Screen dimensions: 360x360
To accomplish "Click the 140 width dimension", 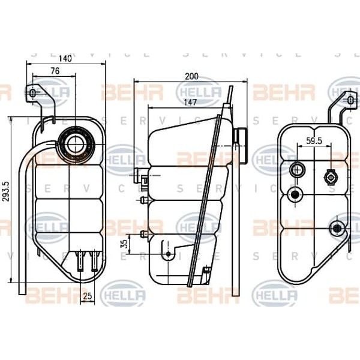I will pyautogui.click(x=65, y=58).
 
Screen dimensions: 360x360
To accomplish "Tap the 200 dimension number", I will pyautogui.click(x=191, y=76).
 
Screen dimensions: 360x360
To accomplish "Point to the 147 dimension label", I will pyautogui.click(x=173, y=103).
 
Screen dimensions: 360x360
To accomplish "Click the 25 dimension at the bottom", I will pyautogui.click(x=88, y=295).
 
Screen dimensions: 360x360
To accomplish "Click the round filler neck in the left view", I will pyautogui.click(x=77, y=143).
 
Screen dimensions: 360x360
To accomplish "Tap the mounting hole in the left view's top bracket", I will pyautogui.click(x=35, y=93).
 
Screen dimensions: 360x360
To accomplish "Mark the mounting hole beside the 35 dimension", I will pyautogui.click(x=169, y=254).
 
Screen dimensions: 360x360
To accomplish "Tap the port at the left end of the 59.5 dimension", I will pyautogui.click(x=296, y=170).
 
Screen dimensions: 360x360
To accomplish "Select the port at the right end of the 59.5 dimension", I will pyautogui.click(x=329, y=177).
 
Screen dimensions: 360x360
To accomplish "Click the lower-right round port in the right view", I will pyautogui.click(x=337, y=228).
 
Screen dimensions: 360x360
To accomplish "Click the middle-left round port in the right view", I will pyautogui.click(x=295, y=194).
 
